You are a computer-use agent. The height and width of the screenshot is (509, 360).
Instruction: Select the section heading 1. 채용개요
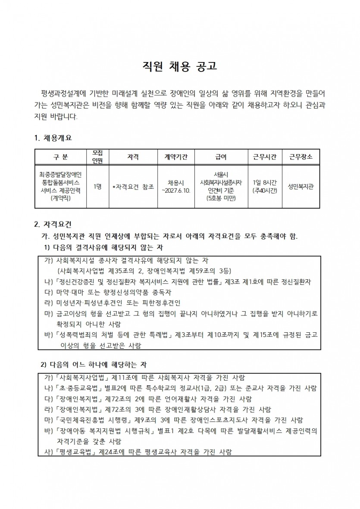tap(53, 138)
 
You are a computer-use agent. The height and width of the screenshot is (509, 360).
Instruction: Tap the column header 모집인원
tap(97, 157)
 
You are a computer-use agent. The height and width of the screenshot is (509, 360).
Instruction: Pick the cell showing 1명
tap(97, 187)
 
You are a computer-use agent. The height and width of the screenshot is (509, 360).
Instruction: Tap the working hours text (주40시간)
tap(265, 190)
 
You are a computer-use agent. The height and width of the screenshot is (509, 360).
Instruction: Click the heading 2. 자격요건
tap(53, 225)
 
